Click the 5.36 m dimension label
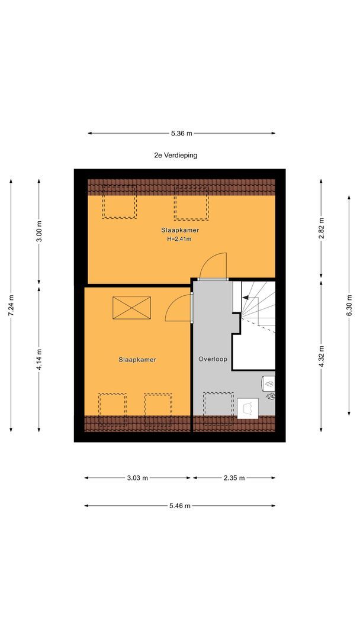click(x=181, y=133)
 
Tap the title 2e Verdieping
click(x=176, y=155)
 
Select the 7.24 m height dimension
click(x=11, y=305)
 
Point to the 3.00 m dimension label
click(x=39, y=231)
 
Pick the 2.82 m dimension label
click(x=322, y=228)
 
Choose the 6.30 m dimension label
click(x=349, y=305)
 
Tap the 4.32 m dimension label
click(x=322, y=356)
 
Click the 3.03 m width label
click(x=137, y=478)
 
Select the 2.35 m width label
click(x=234, y=478)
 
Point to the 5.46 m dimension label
click(x=180, y=506)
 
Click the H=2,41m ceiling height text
click(x=179, y=239)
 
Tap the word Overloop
click(x=213, y=360)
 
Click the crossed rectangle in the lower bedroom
click(x=131, y=308)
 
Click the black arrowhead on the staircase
click(x=246, y=298)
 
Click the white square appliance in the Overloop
click(x=248, y=408)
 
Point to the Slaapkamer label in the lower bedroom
click(x=137, y=360)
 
